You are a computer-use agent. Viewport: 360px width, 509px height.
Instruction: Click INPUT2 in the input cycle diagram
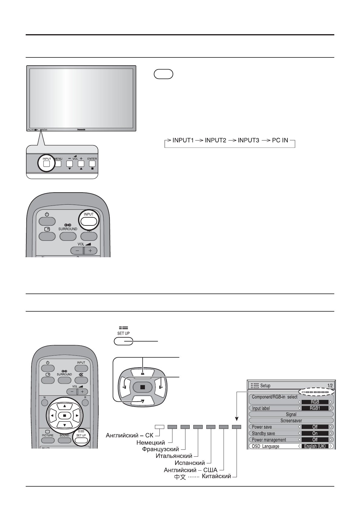[215, 141]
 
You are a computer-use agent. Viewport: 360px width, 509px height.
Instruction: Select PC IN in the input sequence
[280, 141]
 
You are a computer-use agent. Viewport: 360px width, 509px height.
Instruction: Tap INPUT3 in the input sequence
[248, 141]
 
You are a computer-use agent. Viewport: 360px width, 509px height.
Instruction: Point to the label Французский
[161, 449]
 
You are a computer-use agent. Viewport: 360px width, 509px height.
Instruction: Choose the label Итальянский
[174, 456]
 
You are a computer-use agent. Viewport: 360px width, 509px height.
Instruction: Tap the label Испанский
[190, 463]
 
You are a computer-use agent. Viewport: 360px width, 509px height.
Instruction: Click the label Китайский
[216, 477]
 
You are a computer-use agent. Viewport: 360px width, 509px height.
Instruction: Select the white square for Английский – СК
[159, 427]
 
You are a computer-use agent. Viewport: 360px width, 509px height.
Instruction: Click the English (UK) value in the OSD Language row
[315, 446]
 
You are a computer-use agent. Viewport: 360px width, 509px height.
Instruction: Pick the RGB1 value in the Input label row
[315, 408]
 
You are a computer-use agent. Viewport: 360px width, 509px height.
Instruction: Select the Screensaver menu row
[291, 421]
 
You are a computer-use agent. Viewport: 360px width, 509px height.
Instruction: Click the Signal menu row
[291, 414]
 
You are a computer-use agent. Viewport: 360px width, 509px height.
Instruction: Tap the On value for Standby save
[315, 433]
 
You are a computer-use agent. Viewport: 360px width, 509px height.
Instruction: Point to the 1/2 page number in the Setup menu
[330, 386]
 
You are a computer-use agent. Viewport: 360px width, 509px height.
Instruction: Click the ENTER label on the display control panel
[92, 159]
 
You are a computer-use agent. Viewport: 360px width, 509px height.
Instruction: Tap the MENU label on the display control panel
[58, 159]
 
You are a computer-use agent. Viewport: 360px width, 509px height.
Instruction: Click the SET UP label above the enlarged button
[123, 333]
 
